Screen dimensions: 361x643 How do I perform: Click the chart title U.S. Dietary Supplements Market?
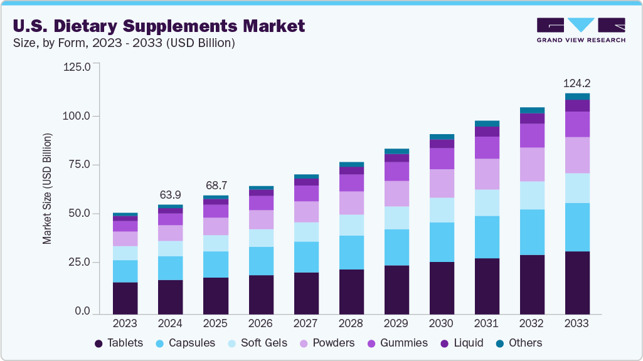click(158, 26)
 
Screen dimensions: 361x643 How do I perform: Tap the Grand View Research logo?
click(581, 30)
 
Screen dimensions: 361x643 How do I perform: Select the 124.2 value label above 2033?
click(577, 83)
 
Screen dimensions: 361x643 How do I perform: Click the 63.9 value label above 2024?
click(170, 194)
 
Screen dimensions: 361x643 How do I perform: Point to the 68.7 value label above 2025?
click(215, 186)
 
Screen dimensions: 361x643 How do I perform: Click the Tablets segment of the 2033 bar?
click(577, 282)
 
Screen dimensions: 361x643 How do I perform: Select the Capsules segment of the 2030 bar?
click(442, 242)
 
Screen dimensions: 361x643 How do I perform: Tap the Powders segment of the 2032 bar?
click(532, 164)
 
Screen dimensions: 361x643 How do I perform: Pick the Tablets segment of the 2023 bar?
click(125, 298)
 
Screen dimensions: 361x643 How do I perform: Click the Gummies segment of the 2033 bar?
click(577, 124)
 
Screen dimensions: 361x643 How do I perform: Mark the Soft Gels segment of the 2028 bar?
click(351, 225)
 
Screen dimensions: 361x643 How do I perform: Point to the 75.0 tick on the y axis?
click(78, 165)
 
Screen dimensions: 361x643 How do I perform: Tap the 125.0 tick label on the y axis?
click(77, 66)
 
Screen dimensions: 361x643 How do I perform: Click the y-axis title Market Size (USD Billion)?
click(47, 189)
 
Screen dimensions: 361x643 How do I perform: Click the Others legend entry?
click(519, 343)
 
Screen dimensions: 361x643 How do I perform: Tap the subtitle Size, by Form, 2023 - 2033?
click(124, 43)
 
